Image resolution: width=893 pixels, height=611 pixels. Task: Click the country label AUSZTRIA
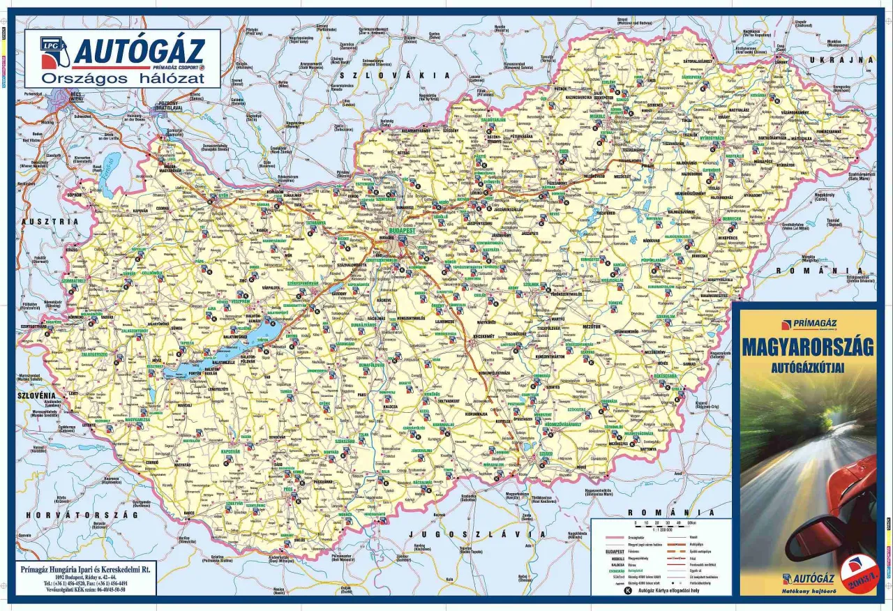coord(51,221)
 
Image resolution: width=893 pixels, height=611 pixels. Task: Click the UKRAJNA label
coord(842,61)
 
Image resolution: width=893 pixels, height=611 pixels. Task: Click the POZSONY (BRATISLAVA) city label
coord(167,106)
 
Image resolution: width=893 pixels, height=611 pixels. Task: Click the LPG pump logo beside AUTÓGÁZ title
coord(54,52)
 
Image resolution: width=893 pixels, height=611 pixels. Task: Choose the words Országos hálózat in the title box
coord(123,78)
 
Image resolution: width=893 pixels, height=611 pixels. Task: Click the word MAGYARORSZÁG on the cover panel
coord(806,347)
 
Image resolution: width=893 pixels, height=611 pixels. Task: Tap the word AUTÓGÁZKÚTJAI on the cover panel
coord(807,365)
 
